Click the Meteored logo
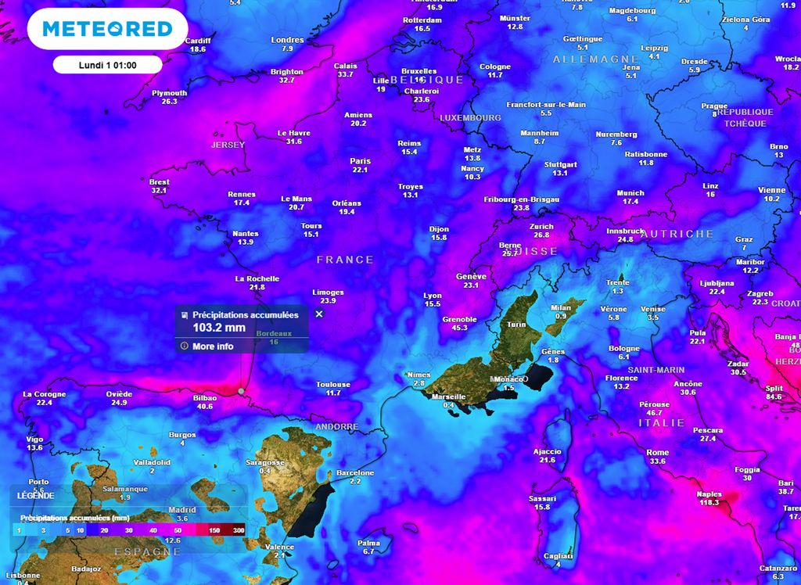106,29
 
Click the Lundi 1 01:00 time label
108,65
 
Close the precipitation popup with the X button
319,314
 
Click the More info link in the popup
213,346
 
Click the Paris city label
360,161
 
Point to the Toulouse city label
333,384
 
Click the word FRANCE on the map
345,259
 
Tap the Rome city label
657,452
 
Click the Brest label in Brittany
159,181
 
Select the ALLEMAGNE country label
584,59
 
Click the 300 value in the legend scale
239,529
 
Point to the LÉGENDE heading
36,495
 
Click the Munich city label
630,192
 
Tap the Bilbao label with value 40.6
205,397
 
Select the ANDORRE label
336,427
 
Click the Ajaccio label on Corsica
547,451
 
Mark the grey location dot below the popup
241,390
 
